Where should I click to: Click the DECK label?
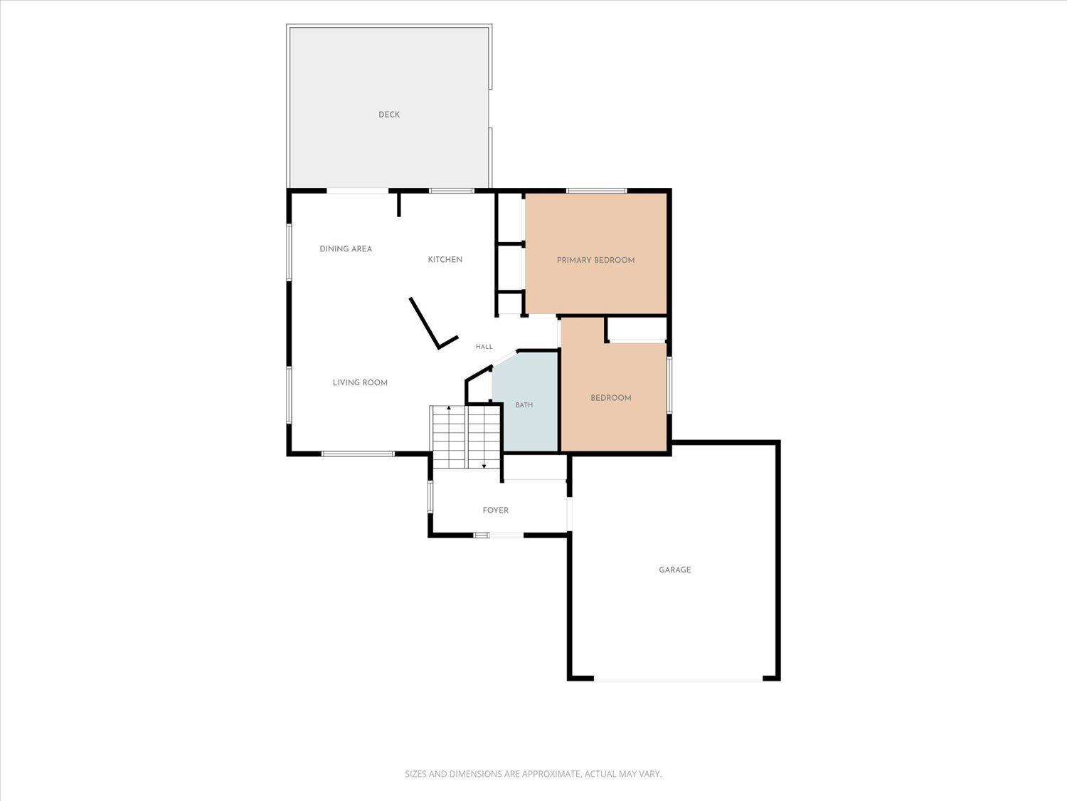click(389, 115)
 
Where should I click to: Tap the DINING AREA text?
click(346, 249)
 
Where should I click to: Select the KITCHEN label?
click(445, 260)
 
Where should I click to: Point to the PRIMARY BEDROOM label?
click(595, 260)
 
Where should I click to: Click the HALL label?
click(484, 347)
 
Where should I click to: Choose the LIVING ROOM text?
click(360, 383)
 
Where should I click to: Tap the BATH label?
click(524, 404)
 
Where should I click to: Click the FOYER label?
click(495, 511)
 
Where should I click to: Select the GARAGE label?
click(675, 570)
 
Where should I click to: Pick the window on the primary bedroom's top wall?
click(596, 191)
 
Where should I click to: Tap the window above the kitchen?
click(452, 191)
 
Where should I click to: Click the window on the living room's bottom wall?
click(357, 454)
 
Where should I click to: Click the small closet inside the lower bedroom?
click(637, 330)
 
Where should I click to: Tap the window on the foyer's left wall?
click(430, 496)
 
